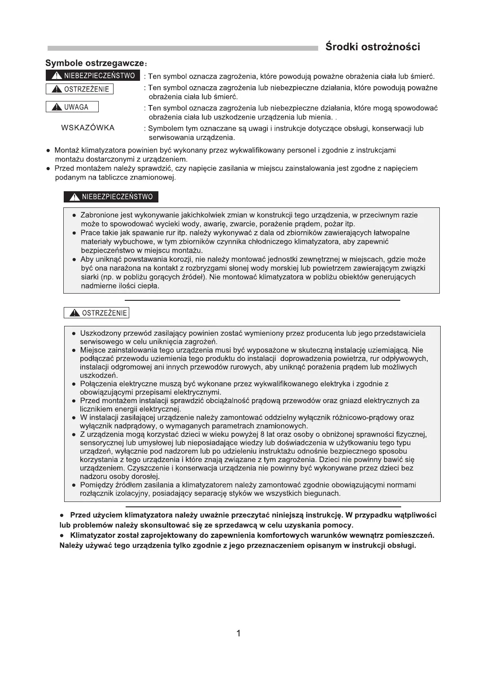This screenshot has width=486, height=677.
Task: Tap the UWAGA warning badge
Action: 72,107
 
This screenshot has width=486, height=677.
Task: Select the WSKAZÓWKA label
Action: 88,128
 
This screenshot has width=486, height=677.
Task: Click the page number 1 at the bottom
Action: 238,633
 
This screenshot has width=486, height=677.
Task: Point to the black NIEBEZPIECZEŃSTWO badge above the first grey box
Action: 111,197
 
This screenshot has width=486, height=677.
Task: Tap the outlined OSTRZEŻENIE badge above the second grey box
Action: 96,313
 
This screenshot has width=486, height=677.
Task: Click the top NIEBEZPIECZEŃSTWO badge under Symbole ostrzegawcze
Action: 93,76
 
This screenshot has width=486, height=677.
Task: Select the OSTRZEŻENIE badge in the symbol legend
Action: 79,89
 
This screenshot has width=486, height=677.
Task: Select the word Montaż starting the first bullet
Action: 67,150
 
